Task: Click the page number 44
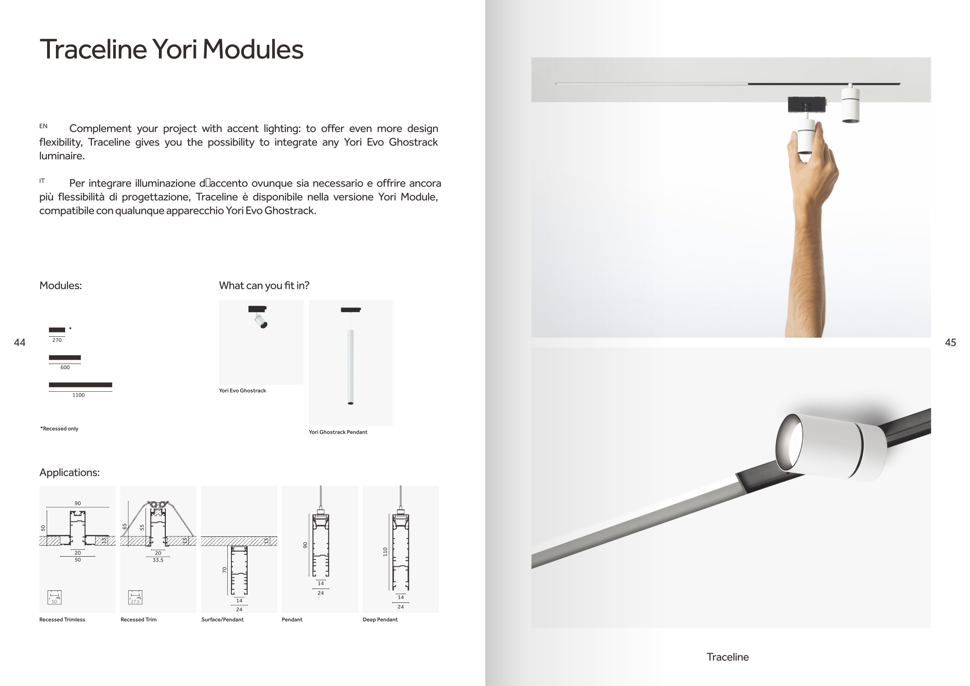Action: (19, 342)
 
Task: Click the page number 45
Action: (950, 342)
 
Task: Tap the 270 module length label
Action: (57, 340)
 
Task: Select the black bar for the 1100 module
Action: (80, 385)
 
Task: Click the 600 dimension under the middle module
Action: (65, 368)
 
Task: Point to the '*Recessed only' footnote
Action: (59, 429)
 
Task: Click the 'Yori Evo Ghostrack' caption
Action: (242, 391)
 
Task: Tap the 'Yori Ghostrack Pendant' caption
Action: (338, 432)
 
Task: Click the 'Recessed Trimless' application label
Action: (62, 620)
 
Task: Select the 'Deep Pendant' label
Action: (380, 620)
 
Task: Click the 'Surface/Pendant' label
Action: (223, 620)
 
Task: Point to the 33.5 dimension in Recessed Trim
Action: (158, 560)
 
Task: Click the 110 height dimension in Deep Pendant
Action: (385, 552)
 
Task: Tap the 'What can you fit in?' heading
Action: (264, 285)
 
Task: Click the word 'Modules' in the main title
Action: (253, 49)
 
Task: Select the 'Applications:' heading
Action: (70, 473)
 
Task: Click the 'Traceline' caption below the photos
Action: (727, 657)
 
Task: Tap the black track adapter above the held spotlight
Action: (806, 104)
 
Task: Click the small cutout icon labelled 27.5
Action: (135, 597)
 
